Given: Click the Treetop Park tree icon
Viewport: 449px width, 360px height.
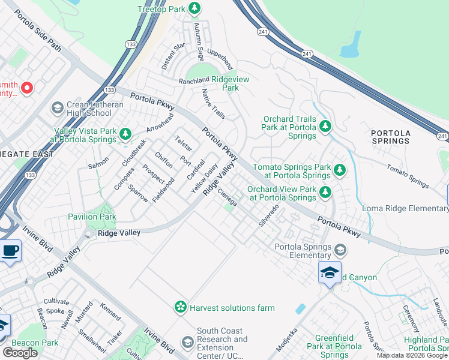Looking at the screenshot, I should (194, 8).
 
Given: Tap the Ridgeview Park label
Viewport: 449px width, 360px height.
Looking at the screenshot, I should (222, 83).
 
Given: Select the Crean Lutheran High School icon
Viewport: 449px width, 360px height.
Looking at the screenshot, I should (58, 108).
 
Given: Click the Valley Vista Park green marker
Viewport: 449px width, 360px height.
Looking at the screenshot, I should (125, 134).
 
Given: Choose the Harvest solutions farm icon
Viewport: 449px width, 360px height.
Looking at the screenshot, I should (180, 308).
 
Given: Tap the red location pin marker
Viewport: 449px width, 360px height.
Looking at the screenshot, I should (26, 89).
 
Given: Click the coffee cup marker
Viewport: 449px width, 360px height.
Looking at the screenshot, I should (10, 252).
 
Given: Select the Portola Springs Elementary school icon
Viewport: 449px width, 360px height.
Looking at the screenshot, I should (340, 250).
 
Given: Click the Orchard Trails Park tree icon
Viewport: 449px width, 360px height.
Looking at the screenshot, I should (325, 126).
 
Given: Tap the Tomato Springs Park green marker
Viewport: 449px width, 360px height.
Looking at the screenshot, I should (339, 170).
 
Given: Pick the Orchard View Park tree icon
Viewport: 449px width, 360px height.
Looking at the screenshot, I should (325, 192).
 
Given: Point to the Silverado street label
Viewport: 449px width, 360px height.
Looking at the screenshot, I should (269, 215).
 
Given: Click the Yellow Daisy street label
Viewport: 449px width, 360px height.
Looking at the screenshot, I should (203, 179).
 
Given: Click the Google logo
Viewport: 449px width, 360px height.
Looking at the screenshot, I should (20, 353).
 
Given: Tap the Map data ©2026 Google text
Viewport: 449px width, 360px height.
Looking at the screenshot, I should (412, 355).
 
